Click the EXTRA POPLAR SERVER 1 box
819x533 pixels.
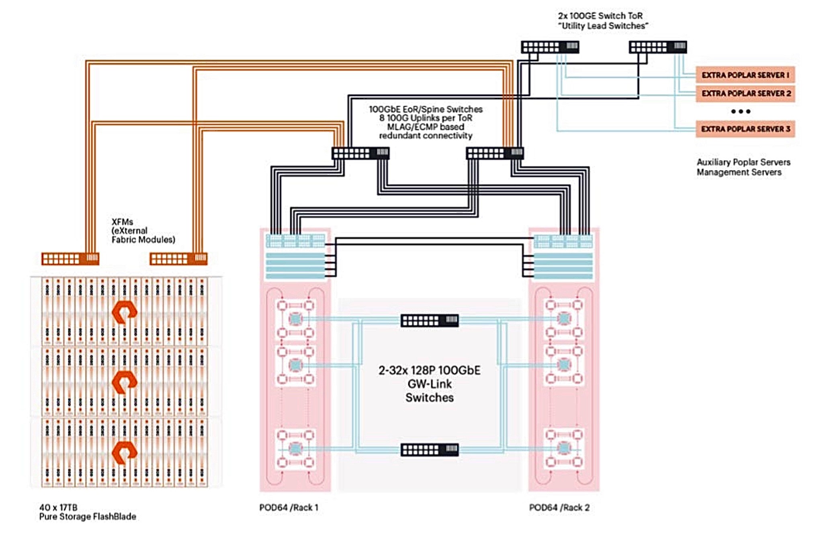coord(745,75)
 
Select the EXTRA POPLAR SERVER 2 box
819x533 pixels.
coord(745,93)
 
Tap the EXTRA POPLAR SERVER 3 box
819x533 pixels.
coord(745,129)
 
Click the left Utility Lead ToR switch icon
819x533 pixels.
coord(550,47)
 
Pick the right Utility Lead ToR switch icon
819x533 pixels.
coord(657,47)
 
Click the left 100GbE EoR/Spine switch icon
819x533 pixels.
coord(360,153)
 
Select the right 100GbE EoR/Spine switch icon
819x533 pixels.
coord(495,153)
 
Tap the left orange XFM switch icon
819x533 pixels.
coord(70,259)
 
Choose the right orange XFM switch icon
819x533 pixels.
coord(178,259)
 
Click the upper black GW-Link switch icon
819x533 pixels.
coord(429,320)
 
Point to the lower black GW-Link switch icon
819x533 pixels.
coord(429,449)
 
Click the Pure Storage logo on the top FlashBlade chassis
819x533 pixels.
coord(124,312)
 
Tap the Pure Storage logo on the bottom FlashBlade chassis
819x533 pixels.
coord(124,452)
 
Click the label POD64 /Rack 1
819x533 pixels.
coord(289,507)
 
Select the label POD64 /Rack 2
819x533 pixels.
coord(559,507)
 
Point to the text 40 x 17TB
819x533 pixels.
coord(58,507)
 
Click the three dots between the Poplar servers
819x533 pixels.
coord(741,111)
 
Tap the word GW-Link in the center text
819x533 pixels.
coord(429,384)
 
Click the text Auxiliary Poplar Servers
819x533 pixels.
coord(743,162)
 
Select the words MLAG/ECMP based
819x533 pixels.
coord(425,127)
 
